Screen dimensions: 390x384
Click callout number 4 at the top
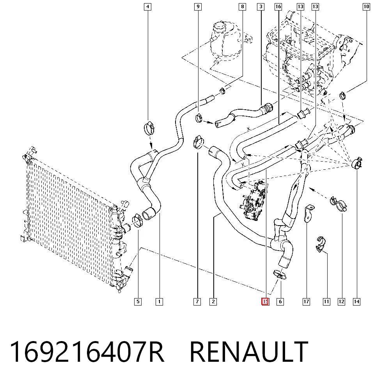pyautogui.click(x=148, y=7)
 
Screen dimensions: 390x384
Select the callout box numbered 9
pyautogui.click(x=198, y=7)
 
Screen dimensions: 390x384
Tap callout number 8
pyautogui.click(x=243, y=7)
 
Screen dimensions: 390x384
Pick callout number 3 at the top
pyautogui.click(x=261, y=7)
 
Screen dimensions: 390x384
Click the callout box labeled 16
pyautogui.click(x=278, y=7)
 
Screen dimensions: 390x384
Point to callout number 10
pyautogui.click(x=366, y=7)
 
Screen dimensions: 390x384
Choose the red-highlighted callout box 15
pyautogui.click(x=265, y=302)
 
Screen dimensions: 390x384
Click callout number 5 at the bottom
pyautogui.click(x=138, y=302)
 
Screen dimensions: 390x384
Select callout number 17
pyautogui.click(x=306, y=302)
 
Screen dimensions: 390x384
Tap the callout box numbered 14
pyautogui.click(x=356, y=302)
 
